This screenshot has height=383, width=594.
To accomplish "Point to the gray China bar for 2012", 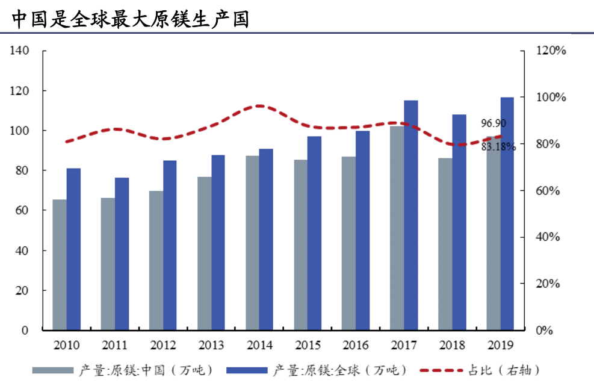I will [156, 260].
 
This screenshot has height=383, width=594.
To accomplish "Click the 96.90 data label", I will [493, 123].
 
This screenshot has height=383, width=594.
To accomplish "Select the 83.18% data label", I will [498, 146].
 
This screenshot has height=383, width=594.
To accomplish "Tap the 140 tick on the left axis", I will [19, 51].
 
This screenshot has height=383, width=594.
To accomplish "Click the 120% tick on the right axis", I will [551, 51].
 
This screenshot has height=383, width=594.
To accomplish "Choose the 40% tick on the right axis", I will [549, 237].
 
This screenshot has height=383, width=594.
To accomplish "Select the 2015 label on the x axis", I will [308, 345].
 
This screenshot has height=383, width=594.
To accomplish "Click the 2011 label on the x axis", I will [114, 345].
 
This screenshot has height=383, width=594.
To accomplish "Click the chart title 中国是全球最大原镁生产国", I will [131, 19].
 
